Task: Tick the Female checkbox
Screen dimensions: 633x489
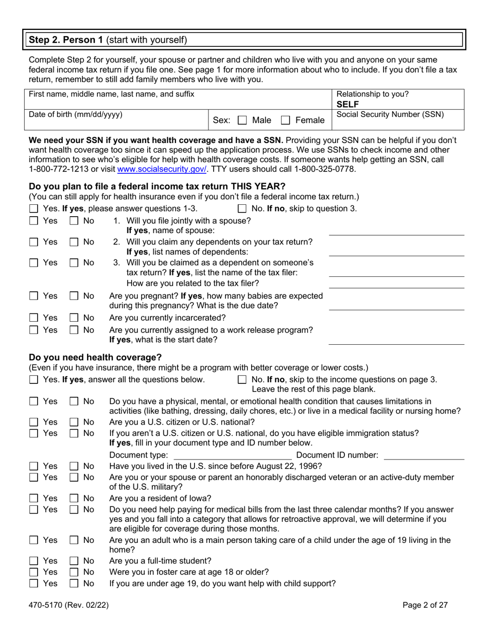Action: (x=285, y=120)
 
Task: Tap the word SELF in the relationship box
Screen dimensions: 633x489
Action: (x=347, y=104)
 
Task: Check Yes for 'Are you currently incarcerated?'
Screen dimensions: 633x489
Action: (x=33, y=317)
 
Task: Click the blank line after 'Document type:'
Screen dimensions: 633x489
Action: (x=233, y=455)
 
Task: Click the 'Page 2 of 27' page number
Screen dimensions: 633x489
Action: (x=425, y=605)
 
